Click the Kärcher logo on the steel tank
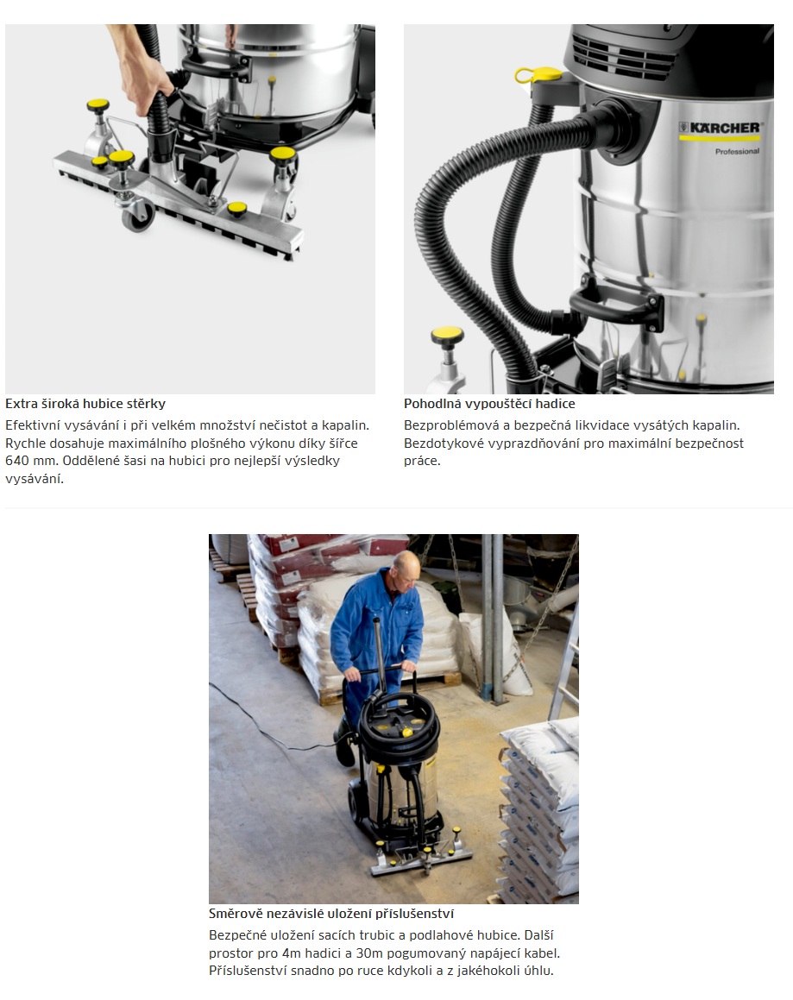point(721,129)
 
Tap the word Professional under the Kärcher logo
point(737,152)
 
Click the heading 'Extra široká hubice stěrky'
point(85,404)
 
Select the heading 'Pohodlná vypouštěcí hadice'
point(489,404)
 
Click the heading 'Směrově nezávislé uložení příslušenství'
point(331,913)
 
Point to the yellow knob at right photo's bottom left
point(447,334)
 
